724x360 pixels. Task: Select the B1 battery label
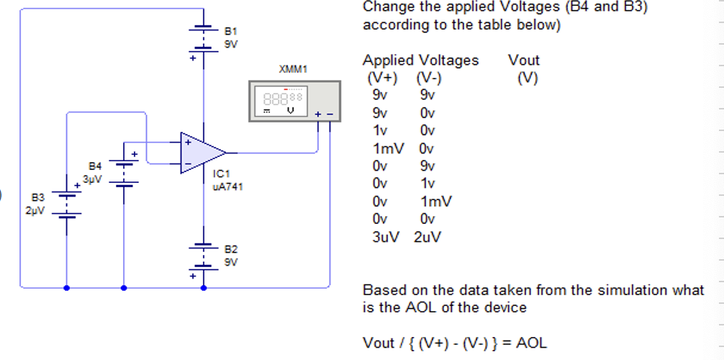coord(230,32)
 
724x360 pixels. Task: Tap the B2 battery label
coord(230,249)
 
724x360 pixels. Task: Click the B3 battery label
coord(37,197)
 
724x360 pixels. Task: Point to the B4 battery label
coord(95,166)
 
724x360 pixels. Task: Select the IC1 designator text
coord(221,174)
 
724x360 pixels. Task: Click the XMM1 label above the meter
coord(293,70)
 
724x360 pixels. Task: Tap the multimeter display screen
coord(284,100)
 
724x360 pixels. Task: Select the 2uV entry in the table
coord(427,237)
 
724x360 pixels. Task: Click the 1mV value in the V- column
coord(435,202)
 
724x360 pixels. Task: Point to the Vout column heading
coord(523,60)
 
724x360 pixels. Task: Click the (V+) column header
coord(382,78)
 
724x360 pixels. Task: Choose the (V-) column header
coord(428,78)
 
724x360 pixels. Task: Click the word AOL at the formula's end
coord(530,343)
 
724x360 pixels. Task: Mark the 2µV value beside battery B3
coord(35,211)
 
